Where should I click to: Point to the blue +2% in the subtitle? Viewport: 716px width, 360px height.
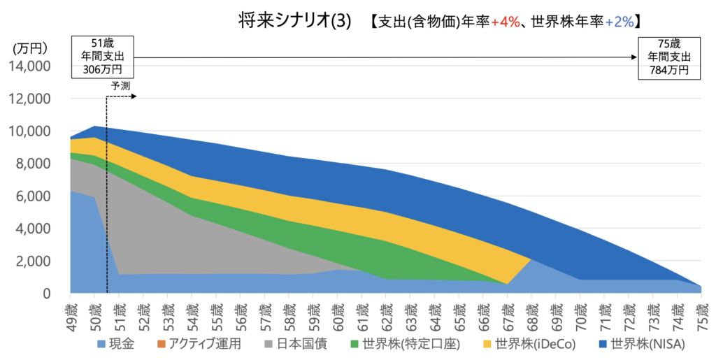click(x=619, y=22)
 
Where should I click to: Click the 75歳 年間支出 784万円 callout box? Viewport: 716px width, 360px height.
click(x=668, y=56)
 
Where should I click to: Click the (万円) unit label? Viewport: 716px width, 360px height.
click(x=30, y=49)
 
